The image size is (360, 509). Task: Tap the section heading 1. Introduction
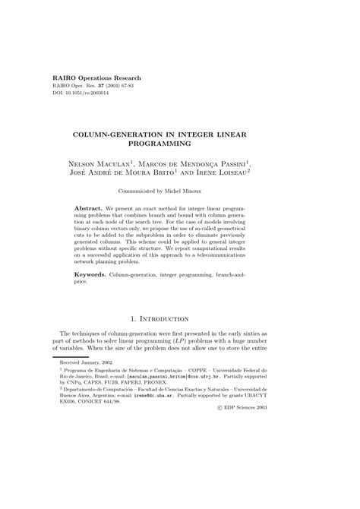click(179, 318)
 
